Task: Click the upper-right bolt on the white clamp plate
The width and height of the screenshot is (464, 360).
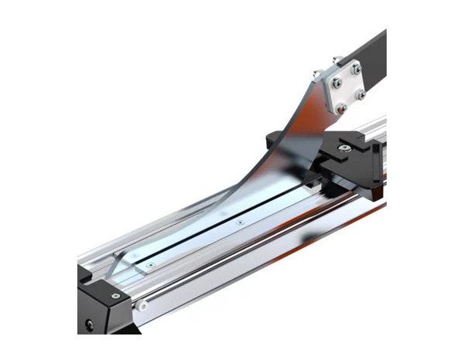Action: [357, 70]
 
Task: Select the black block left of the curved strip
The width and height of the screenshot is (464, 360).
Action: [275, 140]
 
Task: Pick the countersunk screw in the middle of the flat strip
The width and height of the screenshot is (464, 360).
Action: [239, 221]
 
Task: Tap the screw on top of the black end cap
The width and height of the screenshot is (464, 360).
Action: [115, 295]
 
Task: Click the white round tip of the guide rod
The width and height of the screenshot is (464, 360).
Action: [142, 307]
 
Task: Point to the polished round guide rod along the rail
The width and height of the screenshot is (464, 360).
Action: [255, 247]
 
